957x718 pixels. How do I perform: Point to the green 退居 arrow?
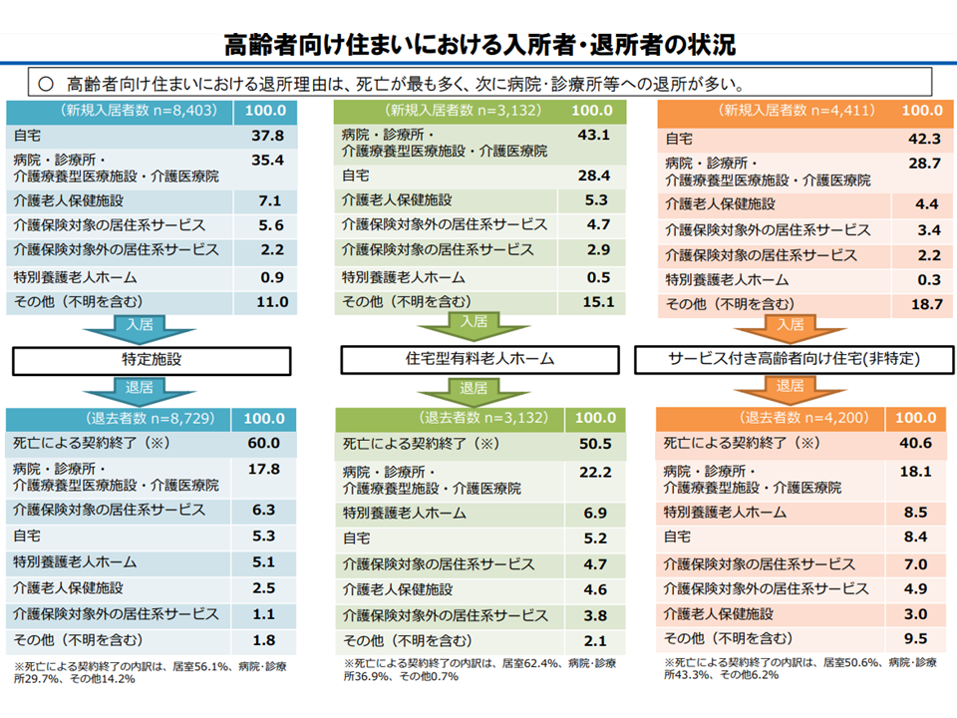[474, 388]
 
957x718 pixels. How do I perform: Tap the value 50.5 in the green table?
[594, 443]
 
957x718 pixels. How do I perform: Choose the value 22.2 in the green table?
[594, 471]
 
